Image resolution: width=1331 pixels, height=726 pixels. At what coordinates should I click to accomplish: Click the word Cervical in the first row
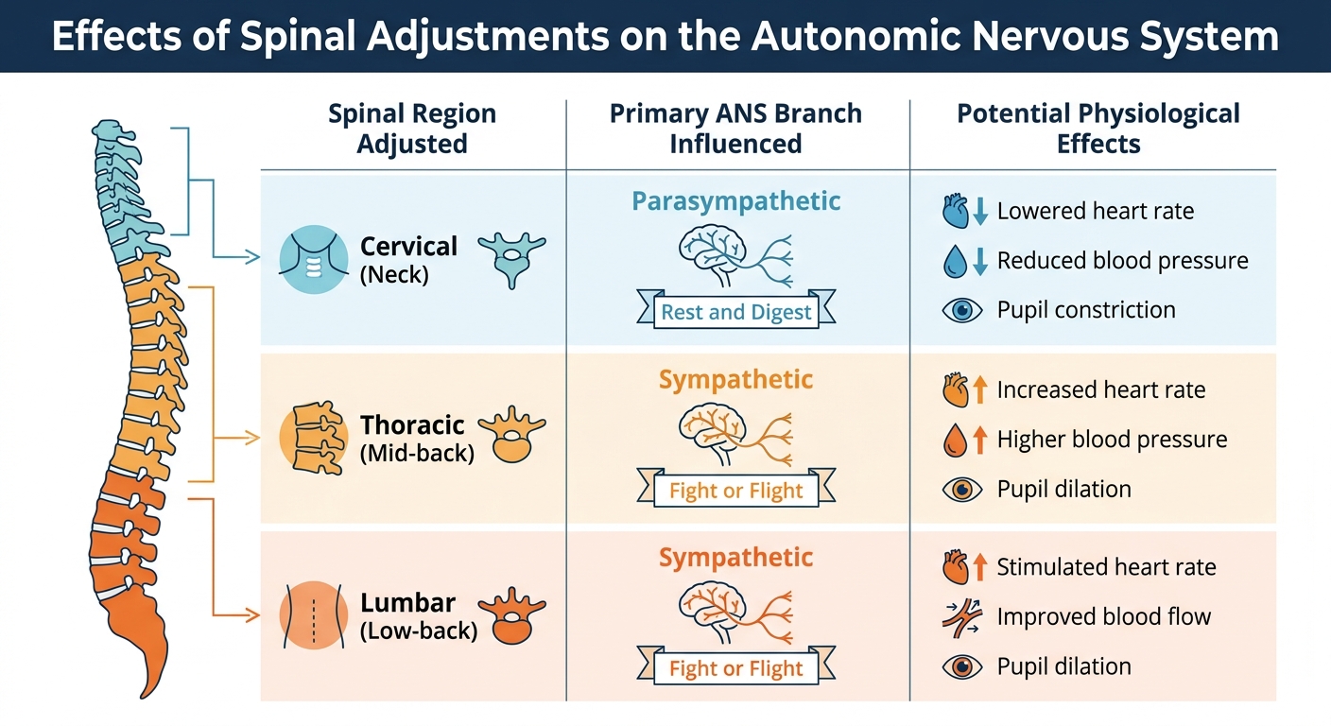408,247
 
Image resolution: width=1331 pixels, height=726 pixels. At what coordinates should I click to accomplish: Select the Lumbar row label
408,603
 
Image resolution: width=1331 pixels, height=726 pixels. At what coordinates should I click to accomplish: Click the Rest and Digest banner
736,313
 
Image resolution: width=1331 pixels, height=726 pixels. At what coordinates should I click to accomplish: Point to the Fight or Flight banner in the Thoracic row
736,491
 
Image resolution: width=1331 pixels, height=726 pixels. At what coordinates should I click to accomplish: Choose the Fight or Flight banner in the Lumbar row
736,668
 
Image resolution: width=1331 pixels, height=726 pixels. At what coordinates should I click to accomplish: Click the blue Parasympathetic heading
736,201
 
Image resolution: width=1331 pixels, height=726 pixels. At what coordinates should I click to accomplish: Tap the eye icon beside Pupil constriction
962,310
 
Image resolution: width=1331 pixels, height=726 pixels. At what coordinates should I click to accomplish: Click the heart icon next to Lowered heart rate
957,211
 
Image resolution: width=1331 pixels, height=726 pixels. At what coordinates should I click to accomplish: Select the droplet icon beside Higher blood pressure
956,440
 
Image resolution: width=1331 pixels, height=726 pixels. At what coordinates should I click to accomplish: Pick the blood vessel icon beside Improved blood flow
962,617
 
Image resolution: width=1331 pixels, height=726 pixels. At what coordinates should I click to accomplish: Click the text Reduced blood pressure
1122,261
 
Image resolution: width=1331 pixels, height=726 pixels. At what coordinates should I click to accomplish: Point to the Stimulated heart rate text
1106,567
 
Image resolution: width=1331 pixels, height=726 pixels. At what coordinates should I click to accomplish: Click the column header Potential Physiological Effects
1098,130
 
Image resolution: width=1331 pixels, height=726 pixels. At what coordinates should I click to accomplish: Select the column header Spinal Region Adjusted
412,130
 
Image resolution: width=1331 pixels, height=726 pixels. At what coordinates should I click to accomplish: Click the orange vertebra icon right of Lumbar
511,614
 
